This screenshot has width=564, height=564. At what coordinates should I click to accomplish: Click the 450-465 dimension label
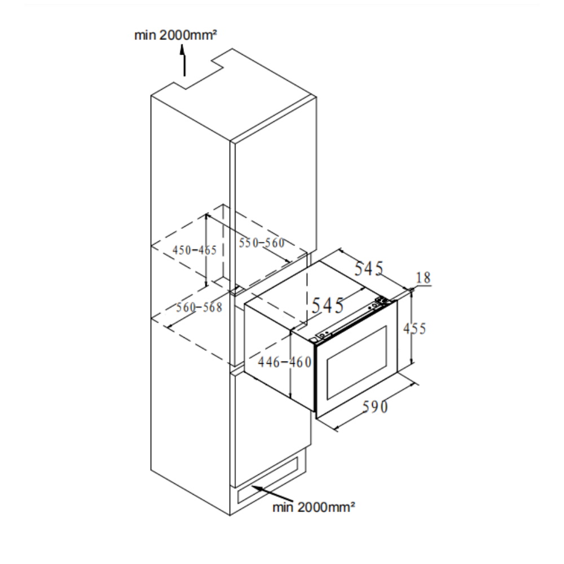195,250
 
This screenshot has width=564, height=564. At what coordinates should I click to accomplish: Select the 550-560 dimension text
261,243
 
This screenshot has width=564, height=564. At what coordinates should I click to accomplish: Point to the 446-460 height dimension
284,362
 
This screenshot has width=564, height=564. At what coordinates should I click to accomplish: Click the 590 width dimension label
375,406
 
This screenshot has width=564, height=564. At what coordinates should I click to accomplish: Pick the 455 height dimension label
415,328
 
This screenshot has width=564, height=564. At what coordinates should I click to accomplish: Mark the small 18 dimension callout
423,277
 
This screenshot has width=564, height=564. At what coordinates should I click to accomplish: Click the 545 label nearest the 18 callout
369,268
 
